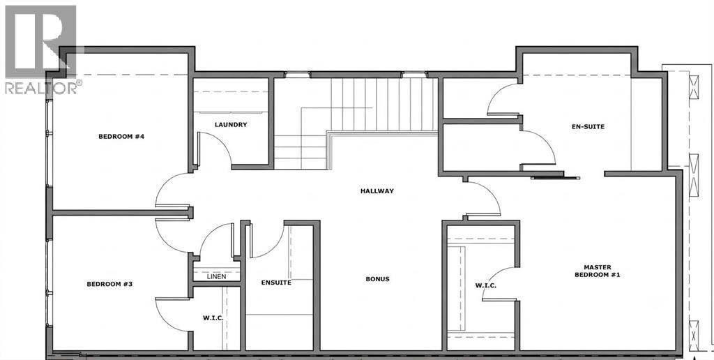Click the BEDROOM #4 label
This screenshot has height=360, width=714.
point(121,136)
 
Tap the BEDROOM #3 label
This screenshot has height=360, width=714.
point(109,284)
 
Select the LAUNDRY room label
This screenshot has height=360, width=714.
point(231,124)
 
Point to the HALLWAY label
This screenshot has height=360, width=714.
point(377,191)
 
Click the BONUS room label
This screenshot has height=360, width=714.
point(377,279)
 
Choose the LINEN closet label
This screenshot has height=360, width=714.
point(216,276)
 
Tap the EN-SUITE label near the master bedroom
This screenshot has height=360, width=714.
point(588,126)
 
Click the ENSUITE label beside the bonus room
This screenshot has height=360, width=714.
point(276,283)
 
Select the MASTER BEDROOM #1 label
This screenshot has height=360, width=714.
point(598,271)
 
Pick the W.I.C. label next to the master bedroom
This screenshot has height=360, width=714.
point(485,286)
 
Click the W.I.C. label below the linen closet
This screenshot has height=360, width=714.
point(213,317)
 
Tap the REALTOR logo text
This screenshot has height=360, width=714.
point(41,87)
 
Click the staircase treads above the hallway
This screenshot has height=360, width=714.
point(383,105)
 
